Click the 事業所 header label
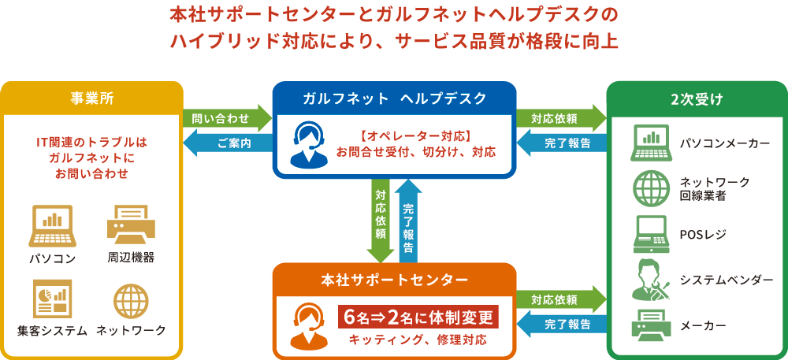92,98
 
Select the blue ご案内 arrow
228,143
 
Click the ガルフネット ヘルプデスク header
395,98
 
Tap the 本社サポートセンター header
395,280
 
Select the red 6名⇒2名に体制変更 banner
418,317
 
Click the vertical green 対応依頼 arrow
381,221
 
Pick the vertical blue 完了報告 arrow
408,221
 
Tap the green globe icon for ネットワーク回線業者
652,189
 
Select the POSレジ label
703,235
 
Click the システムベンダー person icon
652,279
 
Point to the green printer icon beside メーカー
652,325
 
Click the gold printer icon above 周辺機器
131,224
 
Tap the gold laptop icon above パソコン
54,225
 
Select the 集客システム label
51,330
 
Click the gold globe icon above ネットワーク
131,301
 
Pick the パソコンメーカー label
725,143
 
